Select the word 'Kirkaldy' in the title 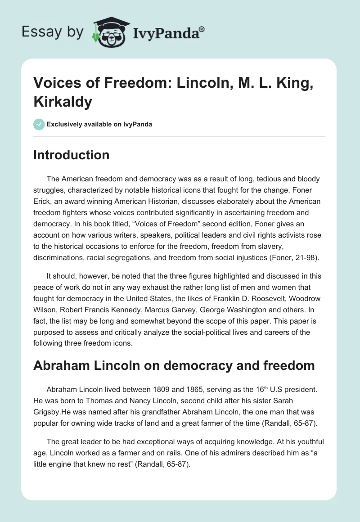point(63,102)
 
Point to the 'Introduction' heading point(72,155)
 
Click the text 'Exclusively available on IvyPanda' point(99,124)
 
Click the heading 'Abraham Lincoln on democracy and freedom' point(174,365)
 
